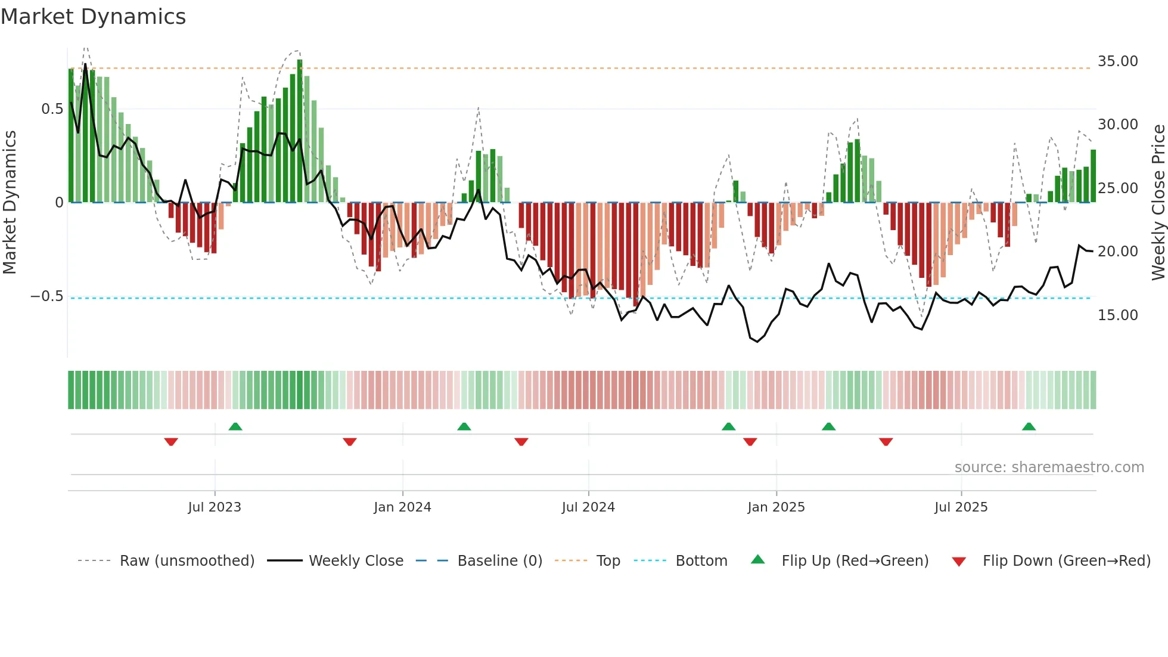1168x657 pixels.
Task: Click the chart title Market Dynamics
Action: tap(93, 17)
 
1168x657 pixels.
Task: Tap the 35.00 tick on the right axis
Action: tap(1117, 61)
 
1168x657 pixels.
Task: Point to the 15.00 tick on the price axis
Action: tap(1117, 315)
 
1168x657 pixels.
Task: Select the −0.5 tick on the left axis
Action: tap(46, 296)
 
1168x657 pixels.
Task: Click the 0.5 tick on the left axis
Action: tap(52, 109)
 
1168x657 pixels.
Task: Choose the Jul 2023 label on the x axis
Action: tap(215, 507)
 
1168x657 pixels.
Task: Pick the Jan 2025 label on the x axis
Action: tap(776, 507)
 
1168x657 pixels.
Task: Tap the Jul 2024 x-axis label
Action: tap(588, 507)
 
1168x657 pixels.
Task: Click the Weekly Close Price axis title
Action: tap(1158, 202)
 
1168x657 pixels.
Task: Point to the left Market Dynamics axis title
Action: tap(10, 202)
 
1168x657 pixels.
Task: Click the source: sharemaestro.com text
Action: tap(1049, 467)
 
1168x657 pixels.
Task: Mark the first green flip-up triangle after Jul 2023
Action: tap(235, 426)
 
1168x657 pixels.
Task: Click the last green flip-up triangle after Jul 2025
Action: tap(1029, 426)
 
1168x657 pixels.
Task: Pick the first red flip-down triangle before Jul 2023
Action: tap(171, 442)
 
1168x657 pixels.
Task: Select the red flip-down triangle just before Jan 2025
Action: tap(750, 442)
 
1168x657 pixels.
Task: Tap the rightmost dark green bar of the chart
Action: tap(1094, 176)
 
